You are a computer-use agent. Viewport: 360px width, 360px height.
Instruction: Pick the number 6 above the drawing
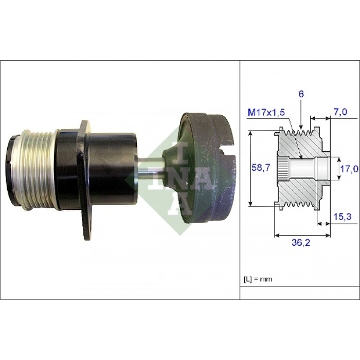(301, 94)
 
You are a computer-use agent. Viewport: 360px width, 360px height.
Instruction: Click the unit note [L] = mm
(257, 279)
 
